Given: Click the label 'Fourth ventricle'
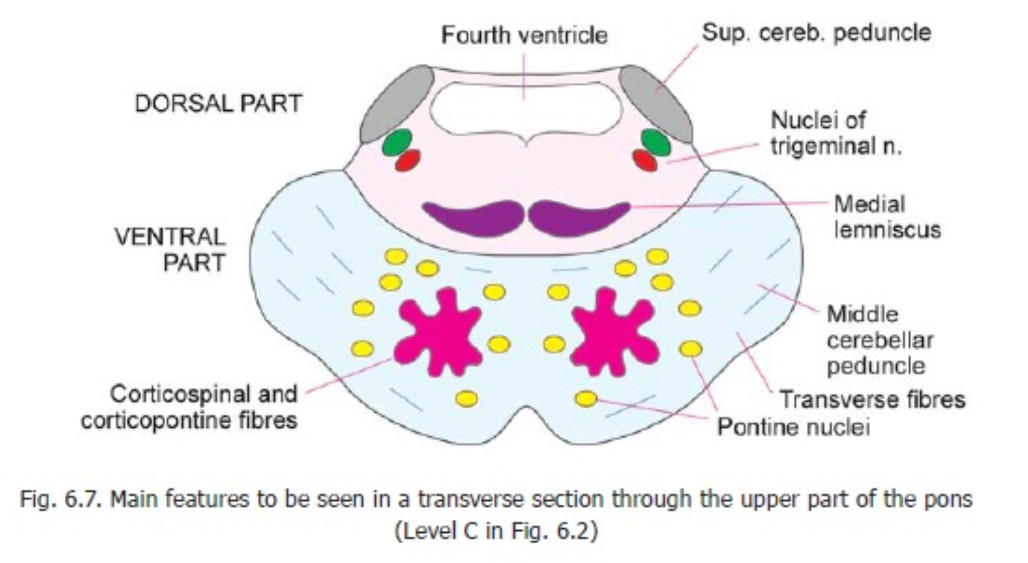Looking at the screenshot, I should [x=524, y=35].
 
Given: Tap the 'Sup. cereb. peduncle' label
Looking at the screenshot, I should [x=816, y=32].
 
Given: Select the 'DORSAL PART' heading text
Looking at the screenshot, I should [x=218, y=104].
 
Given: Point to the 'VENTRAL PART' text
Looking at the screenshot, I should [x=171, y=249].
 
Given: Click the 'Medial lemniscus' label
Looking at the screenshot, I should [x=886, y=217].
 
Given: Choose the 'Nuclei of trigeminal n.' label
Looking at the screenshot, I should [x=835, y=133].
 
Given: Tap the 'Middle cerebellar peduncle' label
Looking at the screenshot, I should [x=879, y=340].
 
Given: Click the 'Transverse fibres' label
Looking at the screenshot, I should [x=872, y=399].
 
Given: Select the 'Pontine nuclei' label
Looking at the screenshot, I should [x=793, y=427].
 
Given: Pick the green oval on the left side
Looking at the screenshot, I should [x=397, y=142].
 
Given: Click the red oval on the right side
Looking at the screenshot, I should [x=644, y=160].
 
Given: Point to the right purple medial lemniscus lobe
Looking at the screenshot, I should [x=577, y=217].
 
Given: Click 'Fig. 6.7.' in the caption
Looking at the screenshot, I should [x=61, y=499].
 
